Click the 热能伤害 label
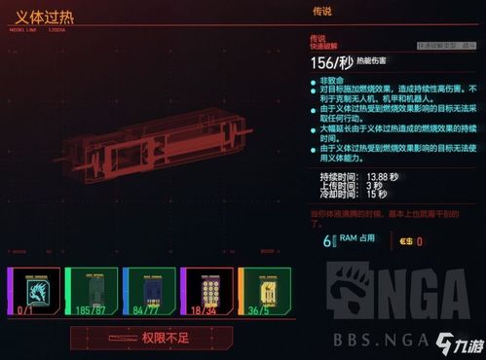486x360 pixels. pyautogui.click(x=366, y=61)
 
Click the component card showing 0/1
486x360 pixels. pyautogui.click(x=36, y=291)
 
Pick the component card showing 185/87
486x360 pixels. pyautogui.click(x=93, y=291)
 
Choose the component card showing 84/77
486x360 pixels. pyautogui.click(x=150, y=291)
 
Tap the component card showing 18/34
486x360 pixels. pyautogui.click(x=206, y=291)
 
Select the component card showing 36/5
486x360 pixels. pyautogui.click(x=264, y=291)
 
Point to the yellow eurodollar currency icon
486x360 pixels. pyautogui.click(x=404, y=240)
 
